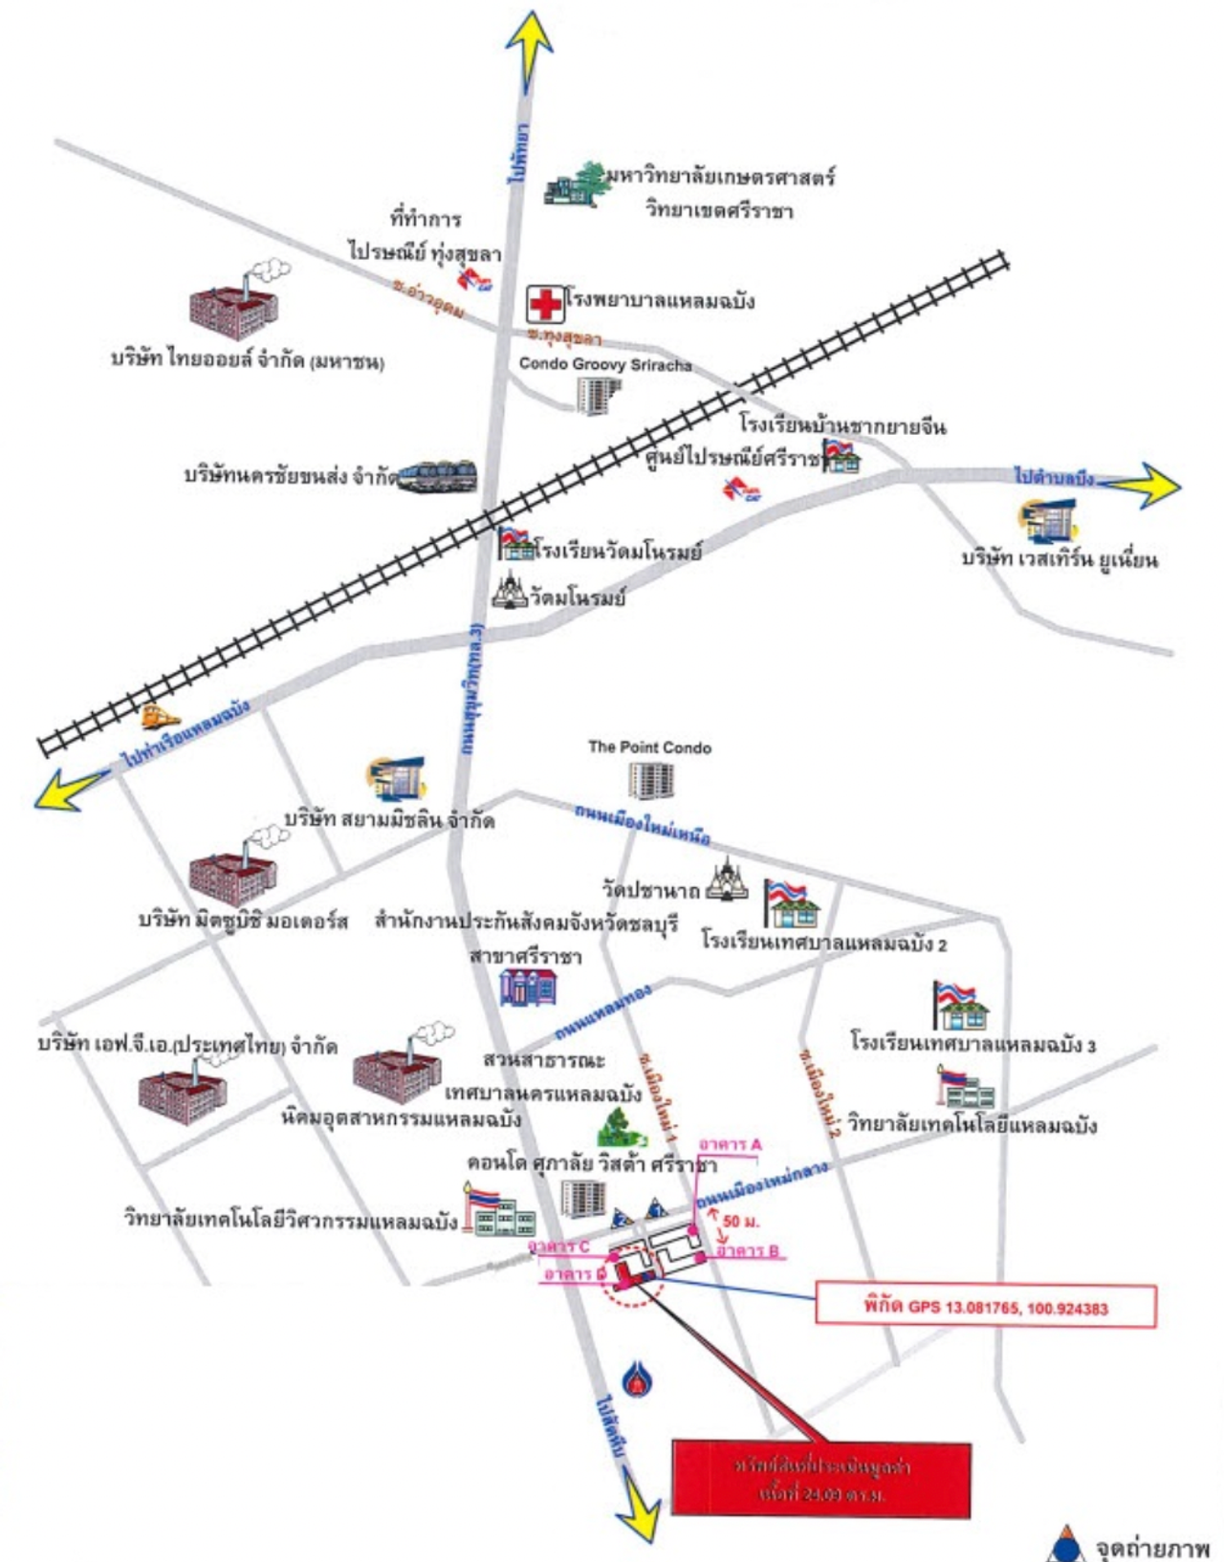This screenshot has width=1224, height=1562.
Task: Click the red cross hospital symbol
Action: click(545, 304)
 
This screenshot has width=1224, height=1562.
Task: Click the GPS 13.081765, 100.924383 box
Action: click(985, 1307)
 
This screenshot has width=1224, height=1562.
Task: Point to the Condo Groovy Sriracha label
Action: click(604, 364)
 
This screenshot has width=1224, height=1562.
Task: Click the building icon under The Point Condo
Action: click(650, 780)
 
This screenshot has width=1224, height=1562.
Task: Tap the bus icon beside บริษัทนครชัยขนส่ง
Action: click(436, 476)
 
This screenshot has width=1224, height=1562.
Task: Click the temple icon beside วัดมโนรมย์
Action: click(510, 592)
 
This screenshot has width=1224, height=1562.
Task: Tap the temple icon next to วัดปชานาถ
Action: click(728, 880)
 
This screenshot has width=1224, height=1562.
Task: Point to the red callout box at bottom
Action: click(820, 1479)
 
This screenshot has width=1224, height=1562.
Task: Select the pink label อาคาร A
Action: click(730, 1144)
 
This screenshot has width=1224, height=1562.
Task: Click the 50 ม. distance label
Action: click(741, 1221)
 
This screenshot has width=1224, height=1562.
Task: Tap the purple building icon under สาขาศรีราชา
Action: click(528, 987)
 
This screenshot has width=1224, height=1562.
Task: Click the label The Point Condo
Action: click(649, 748)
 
